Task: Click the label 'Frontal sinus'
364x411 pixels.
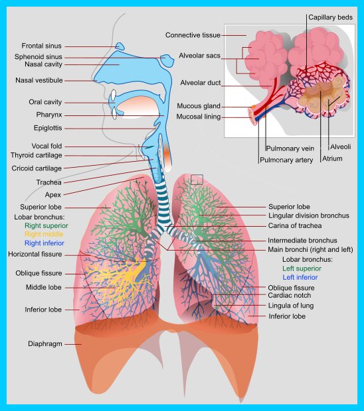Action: pyautogui.click(x=41, y=46)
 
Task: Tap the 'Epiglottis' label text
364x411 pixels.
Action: pyautogui.click(x=48, y=128)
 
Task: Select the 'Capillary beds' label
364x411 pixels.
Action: pyautogui.click(x=330, y=17)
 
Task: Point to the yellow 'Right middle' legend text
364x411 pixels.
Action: pyautogui.click(x=44, y=234)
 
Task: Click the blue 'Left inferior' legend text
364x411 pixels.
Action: pyautogui.click(x=300, y=277)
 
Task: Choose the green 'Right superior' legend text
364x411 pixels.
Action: pyautogui.click(x=46, y=225)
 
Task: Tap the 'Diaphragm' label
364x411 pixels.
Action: pyautogui.click(x=45, y=344)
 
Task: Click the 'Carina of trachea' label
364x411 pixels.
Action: pyautogui.click(x=295, y=225)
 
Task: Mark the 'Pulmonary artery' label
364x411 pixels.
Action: pyautogui.click(x=286, y=160)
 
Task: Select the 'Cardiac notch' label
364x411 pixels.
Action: pyautogui.click(x=289, y=296)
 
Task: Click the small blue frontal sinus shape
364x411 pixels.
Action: pyautogui.click(x=120, y=46)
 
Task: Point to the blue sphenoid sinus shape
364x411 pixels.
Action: pyautogui.click(x=167, y=60)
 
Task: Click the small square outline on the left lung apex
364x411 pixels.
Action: pyautogui.click(x=197, y=180)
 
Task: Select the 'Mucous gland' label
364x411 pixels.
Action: pyautogui.click(x=199, y=106)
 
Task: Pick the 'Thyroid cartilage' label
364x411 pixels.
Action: pyautogui.click(x=37, y=155)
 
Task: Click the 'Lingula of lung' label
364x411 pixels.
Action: pyautogui.click(x=291, y=306)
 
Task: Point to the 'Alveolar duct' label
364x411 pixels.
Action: pyautogui.click(x=201, y=83)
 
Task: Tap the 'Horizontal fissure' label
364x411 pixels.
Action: pyautogui.click(x=35, y=255)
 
